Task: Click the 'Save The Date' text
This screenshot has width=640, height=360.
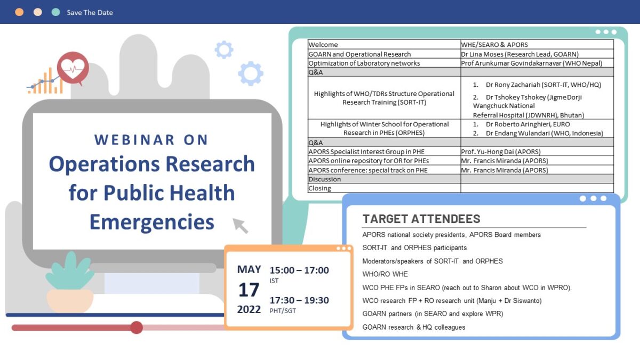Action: pos(90,12)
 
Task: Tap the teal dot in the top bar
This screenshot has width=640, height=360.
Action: pos(55,12)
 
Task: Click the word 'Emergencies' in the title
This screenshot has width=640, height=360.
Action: pos(152,221)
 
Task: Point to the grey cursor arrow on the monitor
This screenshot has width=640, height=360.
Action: pos(241,225)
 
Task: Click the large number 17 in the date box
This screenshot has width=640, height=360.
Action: pos(249,290)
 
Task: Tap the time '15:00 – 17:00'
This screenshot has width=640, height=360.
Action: pos(299,270)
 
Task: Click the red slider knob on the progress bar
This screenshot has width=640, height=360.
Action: pos(137,327)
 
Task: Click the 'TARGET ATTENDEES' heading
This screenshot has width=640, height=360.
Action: pos(421,219)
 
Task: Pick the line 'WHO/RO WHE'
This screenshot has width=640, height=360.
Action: pos(385,274)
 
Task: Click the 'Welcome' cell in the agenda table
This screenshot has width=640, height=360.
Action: pos(323,45)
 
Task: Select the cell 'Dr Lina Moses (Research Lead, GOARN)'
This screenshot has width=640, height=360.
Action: pos(520,54)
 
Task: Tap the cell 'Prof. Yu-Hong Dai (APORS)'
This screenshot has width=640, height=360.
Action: pos(503,152)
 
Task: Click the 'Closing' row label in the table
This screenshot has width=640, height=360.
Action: pos(319,188)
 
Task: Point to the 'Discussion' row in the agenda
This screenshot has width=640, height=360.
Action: pos(324,179)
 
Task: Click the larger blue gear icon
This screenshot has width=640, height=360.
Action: pos(250,74)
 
